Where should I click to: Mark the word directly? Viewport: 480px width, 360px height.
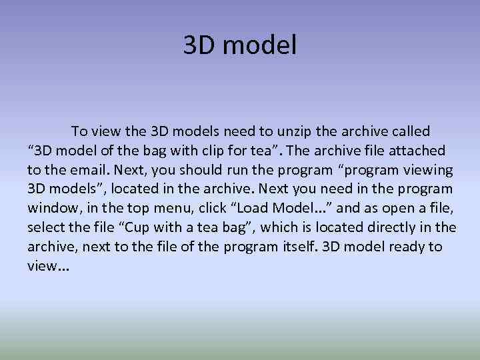[376, 228]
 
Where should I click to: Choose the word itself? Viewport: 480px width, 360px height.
[295, 247]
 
